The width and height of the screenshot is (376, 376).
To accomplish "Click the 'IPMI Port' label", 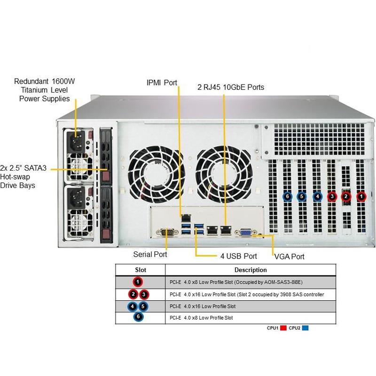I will (161, 83).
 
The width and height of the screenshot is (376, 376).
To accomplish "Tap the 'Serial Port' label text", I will (150, 254).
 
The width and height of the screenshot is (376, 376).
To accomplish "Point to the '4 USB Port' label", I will (238, 256).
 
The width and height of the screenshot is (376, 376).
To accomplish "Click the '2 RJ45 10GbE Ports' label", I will (230, 87).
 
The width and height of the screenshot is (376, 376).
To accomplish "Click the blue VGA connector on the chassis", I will (245, 232).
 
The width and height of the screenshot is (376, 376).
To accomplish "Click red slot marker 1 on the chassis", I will (361, 196).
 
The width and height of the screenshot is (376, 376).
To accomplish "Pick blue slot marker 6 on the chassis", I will (287, 196).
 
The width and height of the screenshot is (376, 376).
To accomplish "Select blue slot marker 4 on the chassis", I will (317, 196).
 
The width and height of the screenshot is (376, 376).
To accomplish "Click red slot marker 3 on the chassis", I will (332, 196).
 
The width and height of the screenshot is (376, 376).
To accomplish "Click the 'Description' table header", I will (251, 270).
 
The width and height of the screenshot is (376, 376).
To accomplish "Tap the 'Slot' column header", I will (141, 270).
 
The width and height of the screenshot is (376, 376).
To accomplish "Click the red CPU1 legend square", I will (283, 328).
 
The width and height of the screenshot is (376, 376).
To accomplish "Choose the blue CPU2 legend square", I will (305, 328).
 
